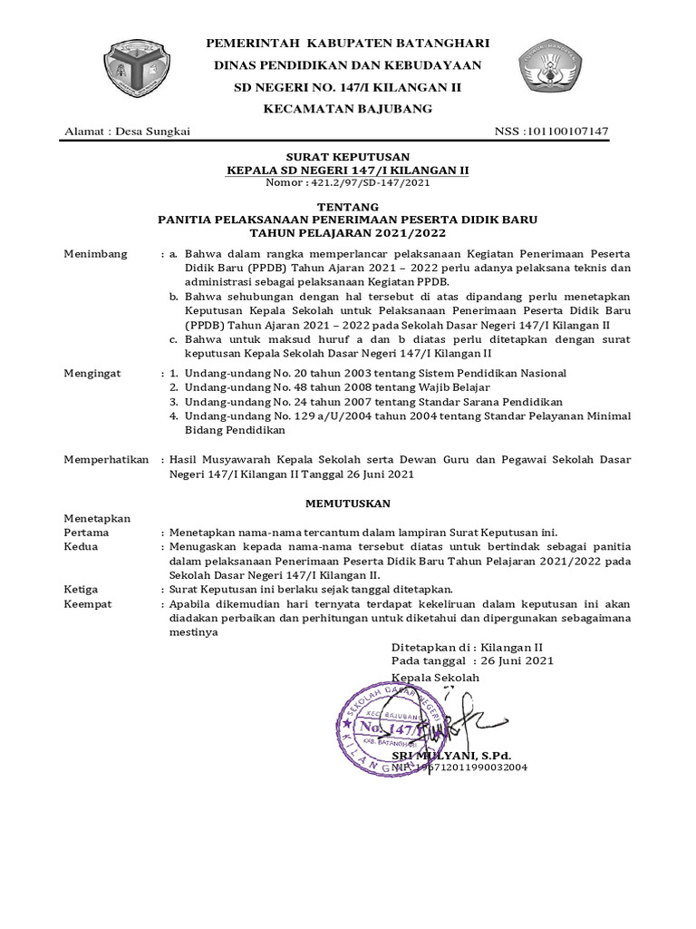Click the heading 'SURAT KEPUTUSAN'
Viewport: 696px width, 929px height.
click(x=348, y=157)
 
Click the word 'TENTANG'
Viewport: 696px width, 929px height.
click(x=348, y=208)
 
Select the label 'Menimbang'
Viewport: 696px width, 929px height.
click(x=96, y=253)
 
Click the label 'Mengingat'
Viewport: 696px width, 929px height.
click(x=95, y=373)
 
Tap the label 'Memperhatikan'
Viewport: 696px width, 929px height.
click(x=106, y=460)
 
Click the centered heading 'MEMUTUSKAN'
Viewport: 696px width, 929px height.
click(x=348, y=502)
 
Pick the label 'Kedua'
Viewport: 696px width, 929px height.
click(x=81, y=547)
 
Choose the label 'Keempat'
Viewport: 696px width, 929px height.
click(x=88, y=603)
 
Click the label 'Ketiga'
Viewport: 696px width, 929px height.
click(x=81, y=589)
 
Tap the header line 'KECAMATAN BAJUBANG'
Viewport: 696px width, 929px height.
click(x=348, y=109)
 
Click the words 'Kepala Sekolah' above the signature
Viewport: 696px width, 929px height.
click(x=435, y=678)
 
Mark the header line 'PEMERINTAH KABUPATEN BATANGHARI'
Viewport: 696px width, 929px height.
click(x=348, y=44)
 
